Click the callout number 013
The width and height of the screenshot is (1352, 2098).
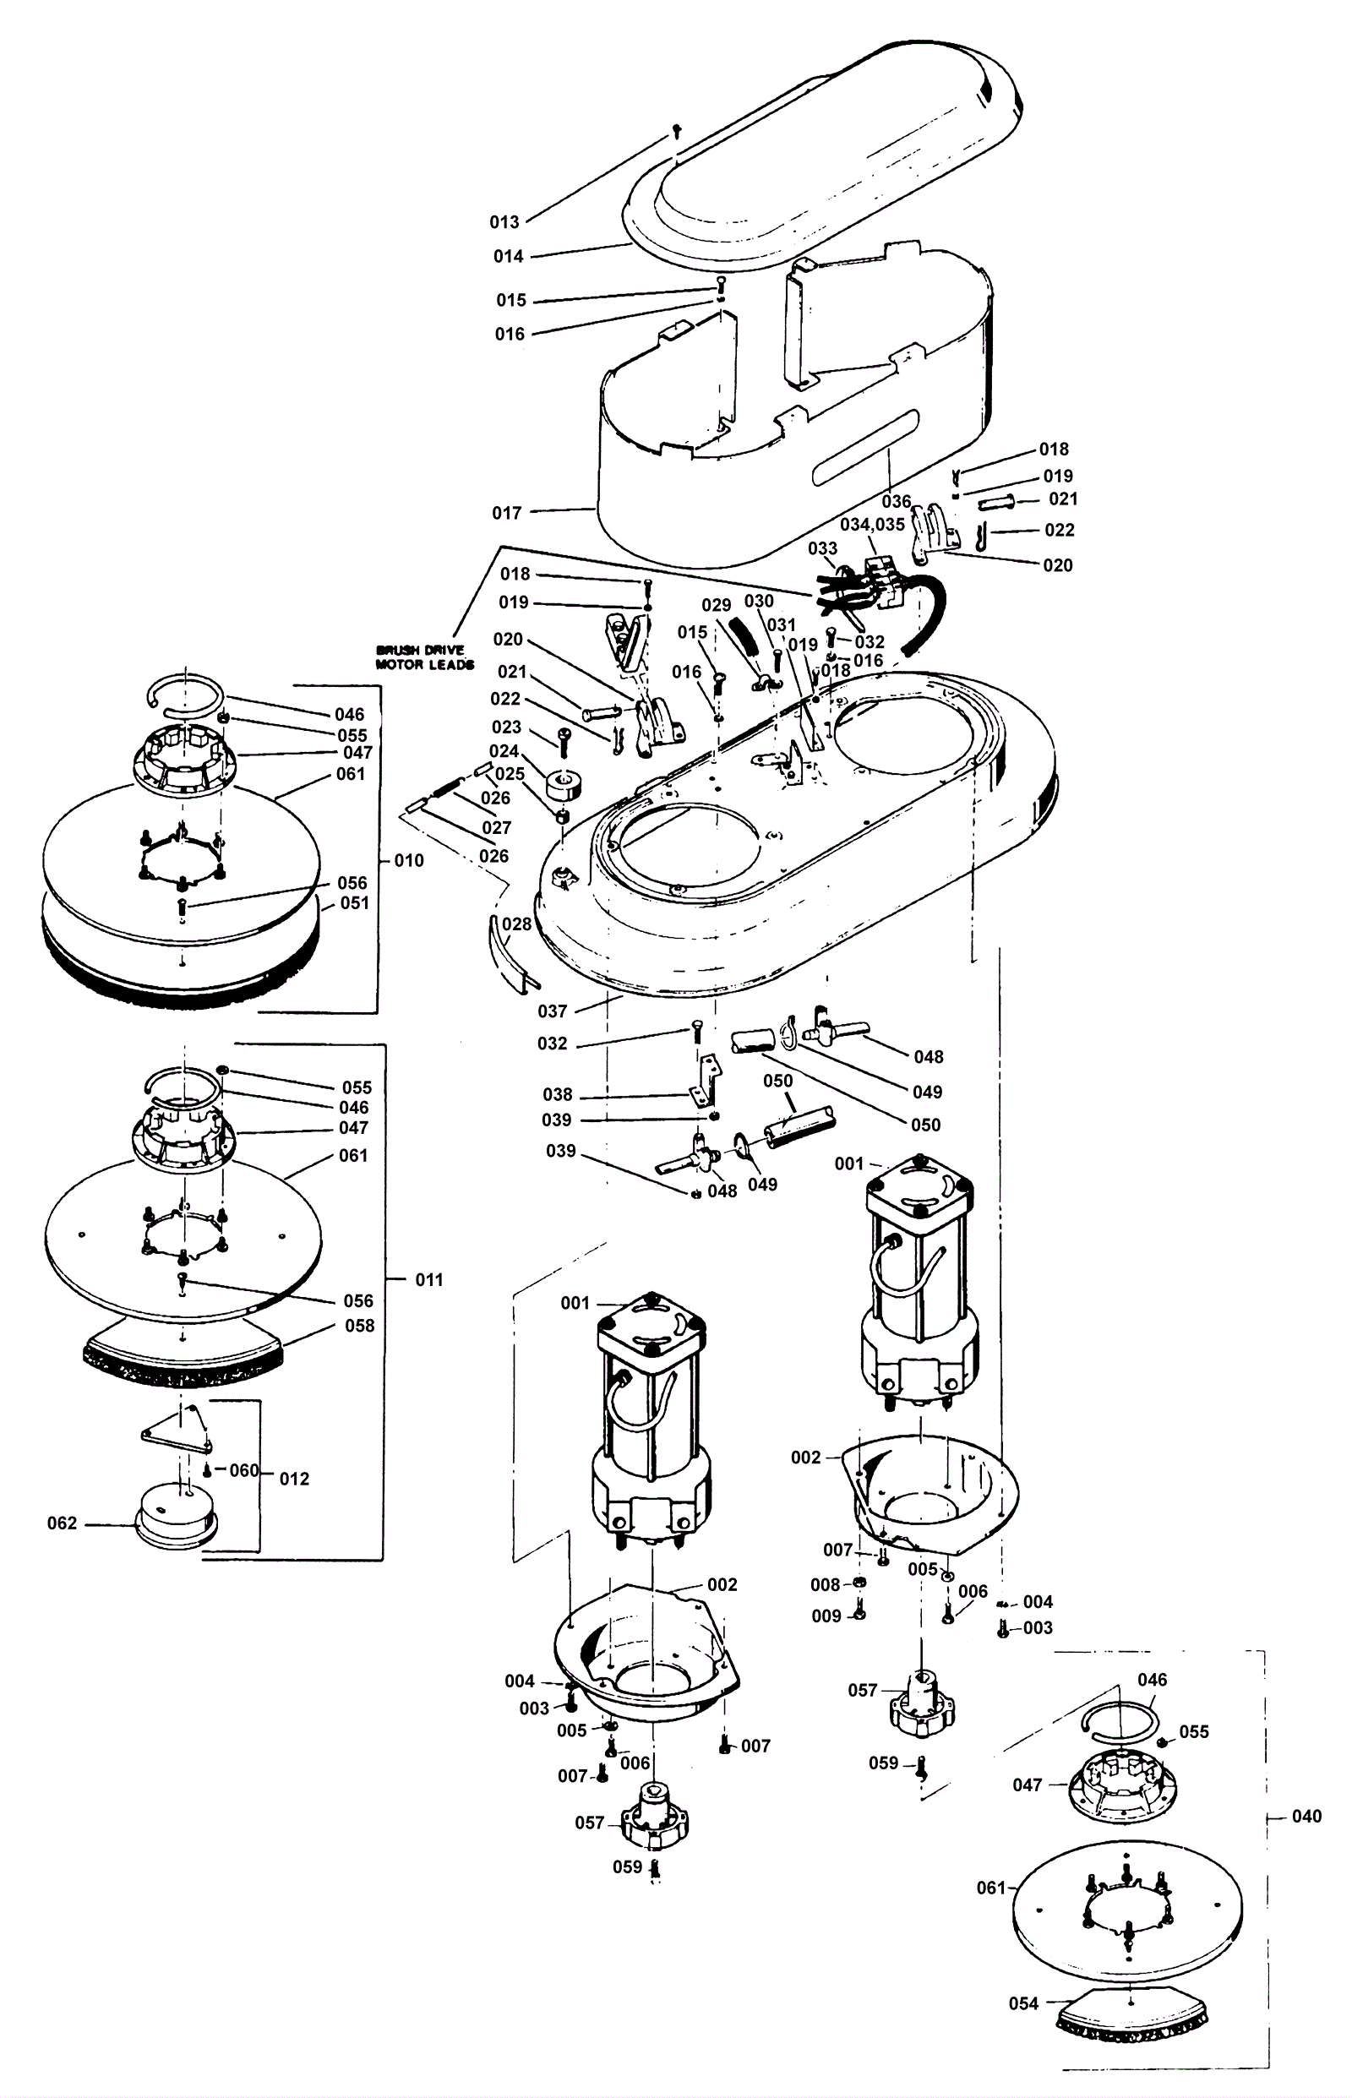[504, 222]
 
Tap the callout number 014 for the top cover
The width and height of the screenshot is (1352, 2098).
[509, 256]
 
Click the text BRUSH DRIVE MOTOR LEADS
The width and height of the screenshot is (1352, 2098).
[425, 657]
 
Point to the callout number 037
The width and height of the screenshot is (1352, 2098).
[553, 1011]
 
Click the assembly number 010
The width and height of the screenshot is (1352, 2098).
[409, 860]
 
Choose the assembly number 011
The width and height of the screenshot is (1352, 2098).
[429, 1280]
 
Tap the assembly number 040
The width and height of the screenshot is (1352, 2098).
[1306, 1817]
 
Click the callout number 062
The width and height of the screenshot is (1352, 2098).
[63, 1523]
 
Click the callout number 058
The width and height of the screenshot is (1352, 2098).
[360, 1326]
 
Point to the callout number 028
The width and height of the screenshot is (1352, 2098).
[517, 924]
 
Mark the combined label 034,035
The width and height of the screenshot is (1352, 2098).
[873, 524]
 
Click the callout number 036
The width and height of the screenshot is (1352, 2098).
[897, 501]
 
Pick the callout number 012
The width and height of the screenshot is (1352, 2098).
[295, 1479]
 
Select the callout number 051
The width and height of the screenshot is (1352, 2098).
[355, 903]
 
